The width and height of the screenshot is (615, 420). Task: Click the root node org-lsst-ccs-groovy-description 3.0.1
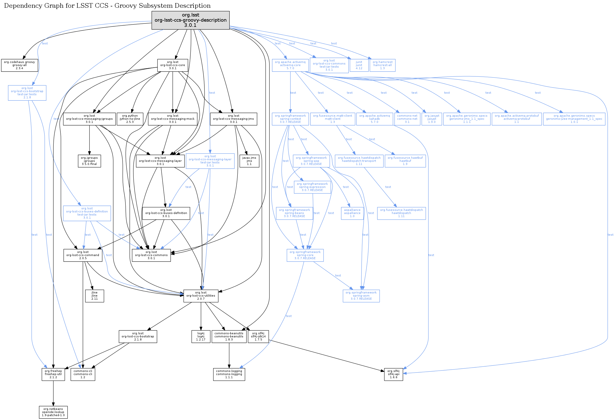[190, 20]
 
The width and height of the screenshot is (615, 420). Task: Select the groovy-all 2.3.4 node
[19, 65]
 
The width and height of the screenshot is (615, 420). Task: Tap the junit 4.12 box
[359, 65]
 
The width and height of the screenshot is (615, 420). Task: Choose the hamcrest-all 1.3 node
[382, 65]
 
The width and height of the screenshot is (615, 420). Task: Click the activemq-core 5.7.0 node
[290, 65]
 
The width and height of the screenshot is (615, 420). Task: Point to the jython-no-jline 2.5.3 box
[130, 119]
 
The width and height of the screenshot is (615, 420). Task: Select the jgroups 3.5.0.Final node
[90, 161]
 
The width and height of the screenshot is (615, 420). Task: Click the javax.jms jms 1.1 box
[249, 161]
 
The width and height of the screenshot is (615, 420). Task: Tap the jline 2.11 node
[94, 296]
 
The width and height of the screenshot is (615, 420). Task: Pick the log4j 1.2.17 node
[201, 336]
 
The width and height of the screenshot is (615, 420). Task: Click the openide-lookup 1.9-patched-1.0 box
[53, 412]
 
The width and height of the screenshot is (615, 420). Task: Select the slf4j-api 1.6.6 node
[394, 374]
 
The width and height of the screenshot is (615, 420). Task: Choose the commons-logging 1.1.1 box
[229, 374]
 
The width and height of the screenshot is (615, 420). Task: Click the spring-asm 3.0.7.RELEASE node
[361, 296]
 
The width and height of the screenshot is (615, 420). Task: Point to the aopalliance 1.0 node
[352, 213]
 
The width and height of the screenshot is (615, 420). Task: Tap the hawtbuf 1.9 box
[405, 161]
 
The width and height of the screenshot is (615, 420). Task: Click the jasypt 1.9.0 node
[432, 119]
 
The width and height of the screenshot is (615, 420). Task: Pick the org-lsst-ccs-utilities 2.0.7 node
[201, 296]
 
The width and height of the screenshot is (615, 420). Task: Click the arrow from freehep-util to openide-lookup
[53, 393]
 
